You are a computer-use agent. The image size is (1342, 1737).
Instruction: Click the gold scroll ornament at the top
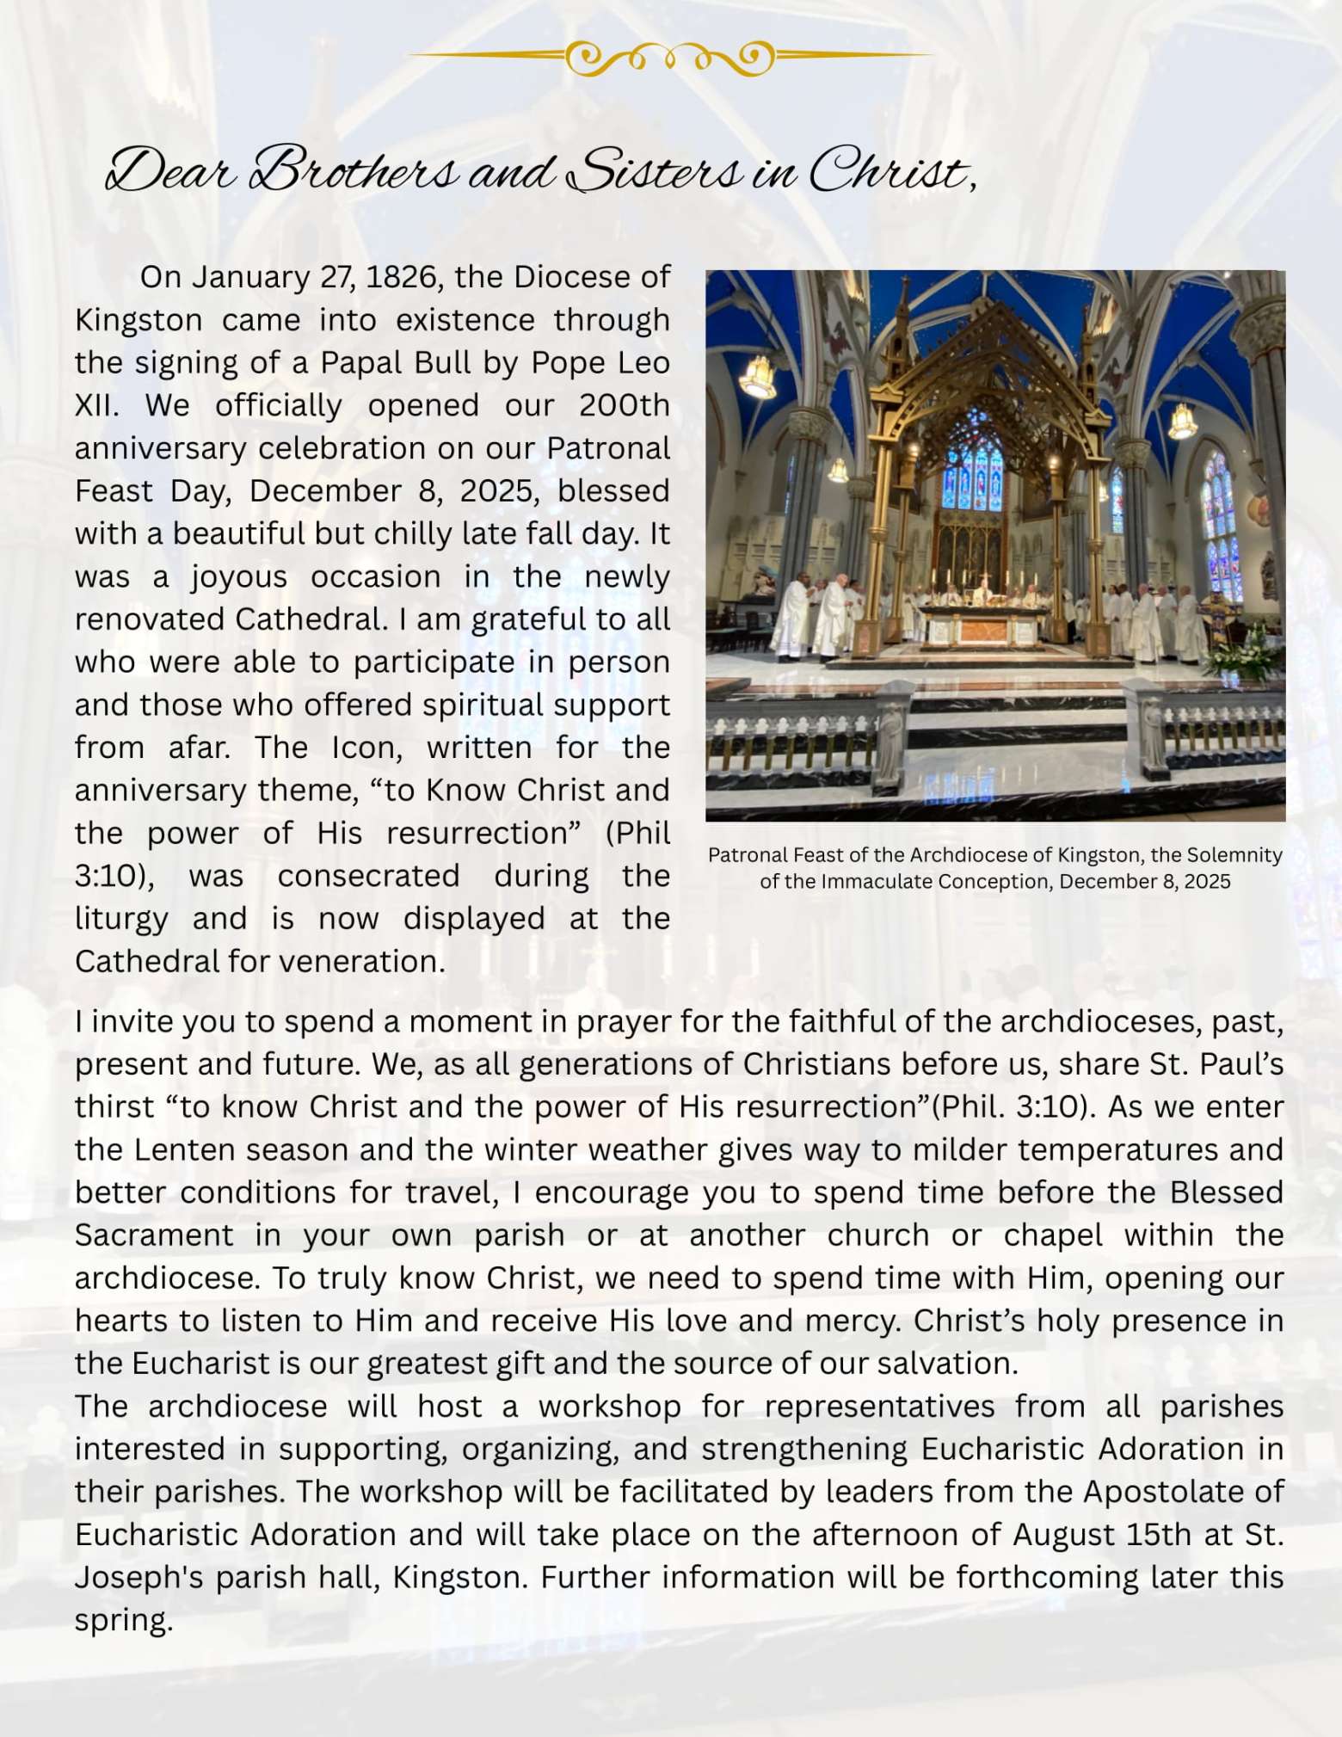pos(670,58)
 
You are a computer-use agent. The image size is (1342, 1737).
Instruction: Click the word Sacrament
pos(154,1235)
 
